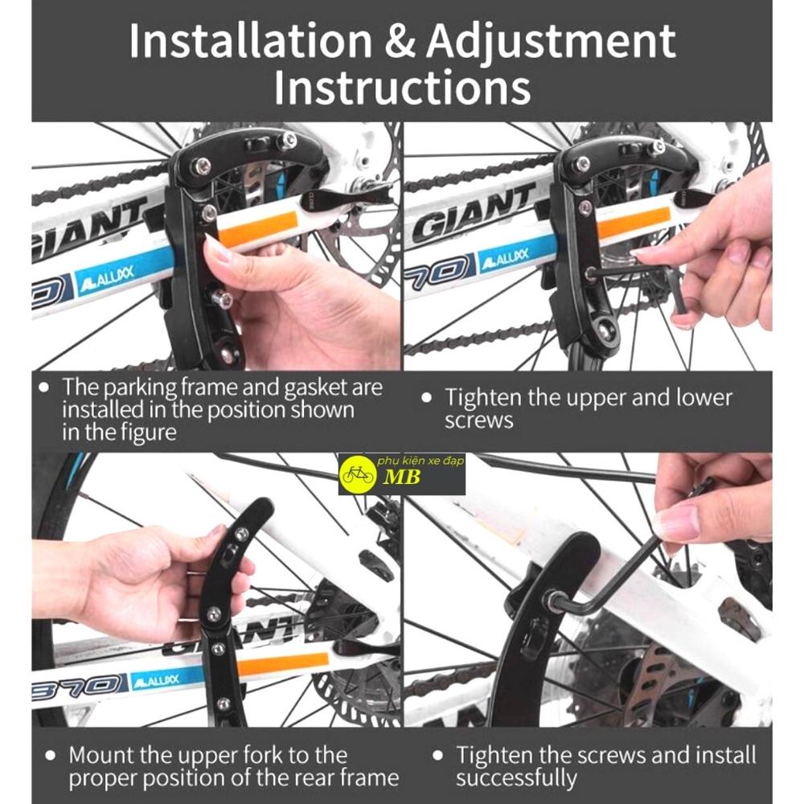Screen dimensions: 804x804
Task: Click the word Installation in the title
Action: pos(251,40)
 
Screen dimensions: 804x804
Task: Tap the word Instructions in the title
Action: pos(403,88)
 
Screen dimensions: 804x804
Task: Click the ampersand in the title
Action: pos(400,42)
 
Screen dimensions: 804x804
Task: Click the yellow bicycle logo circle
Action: pos(359,474)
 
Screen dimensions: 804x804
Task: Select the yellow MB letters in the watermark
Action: pos(402,477)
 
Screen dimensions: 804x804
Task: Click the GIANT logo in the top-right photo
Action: pos(474,215)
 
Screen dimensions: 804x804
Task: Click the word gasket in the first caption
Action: pos(315,388)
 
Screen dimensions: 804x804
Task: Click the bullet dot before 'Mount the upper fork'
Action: pos(50,755)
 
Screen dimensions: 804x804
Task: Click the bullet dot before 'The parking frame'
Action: pos(44,388)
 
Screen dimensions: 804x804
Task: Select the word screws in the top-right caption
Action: pos(479,421)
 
